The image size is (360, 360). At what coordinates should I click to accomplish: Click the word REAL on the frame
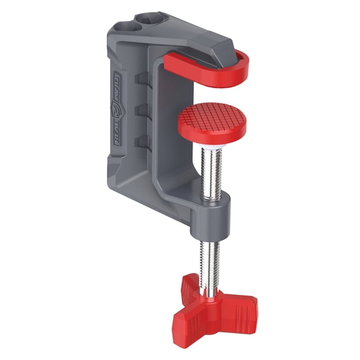point(118,134)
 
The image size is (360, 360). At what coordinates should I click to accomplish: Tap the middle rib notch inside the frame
point(142,109)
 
